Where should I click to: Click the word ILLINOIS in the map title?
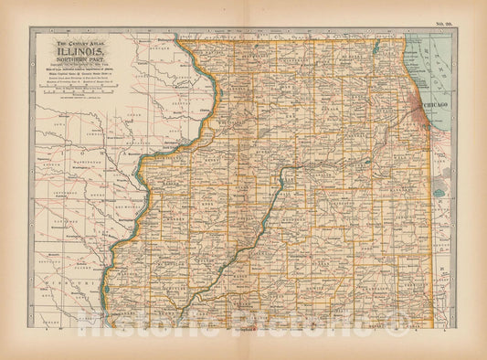point(80,52)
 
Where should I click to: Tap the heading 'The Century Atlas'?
point(80,43)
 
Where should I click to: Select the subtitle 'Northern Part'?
point(80,60)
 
